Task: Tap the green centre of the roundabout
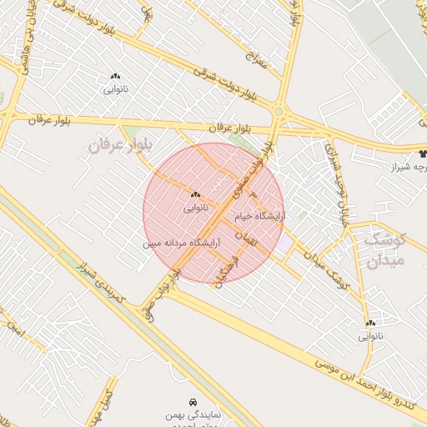point(279,110)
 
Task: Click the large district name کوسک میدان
point(384,249)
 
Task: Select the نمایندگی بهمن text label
point(193,414)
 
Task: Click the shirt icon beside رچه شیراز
point(423,153)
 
